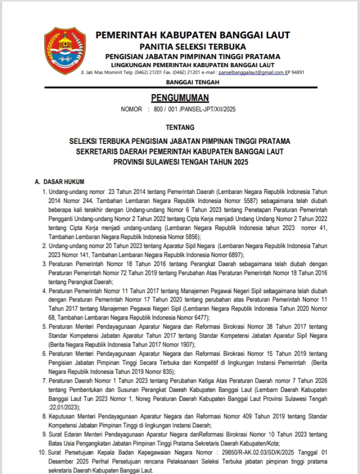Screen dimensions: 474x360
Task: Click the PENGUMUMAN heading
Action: tap(180, 97)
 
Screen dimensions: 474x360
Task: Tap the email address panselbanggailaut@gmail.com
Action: tap(240, 72)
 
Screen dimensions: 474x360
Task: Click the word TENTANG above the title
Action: tap(180, 127)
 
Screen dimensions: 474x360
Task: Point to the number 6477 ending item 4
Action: tap(199, 317)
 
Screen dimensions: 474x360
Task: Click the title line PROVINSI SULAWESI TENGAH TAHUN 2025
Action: tap(180, 162)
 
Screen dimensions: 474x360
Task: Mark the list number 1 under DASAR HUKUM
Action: tap(45, 191)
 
